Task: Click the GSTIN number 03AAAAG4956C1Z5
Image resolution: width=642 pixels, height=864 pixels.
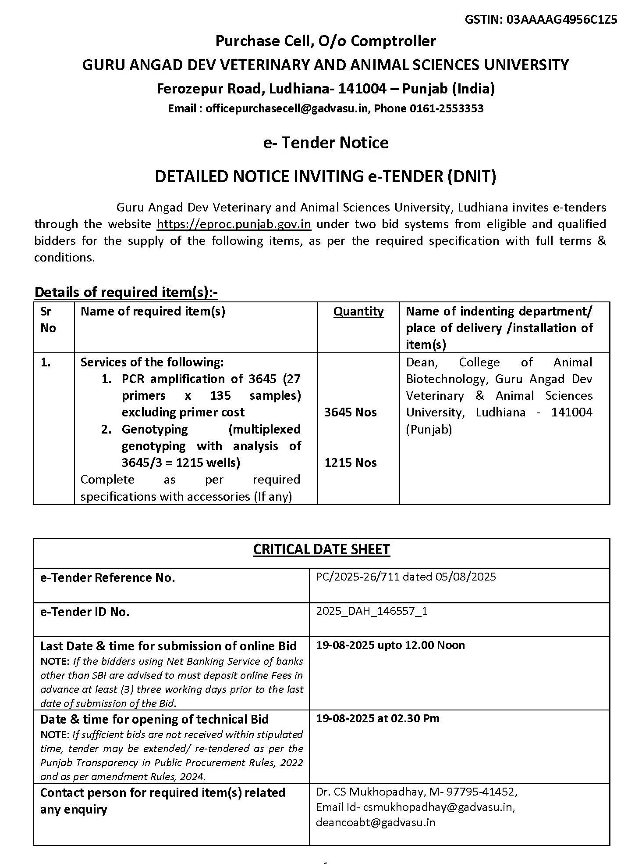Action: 562,20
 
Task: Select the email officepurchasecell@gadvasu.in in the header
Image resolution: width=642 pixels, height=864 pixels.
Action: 288,108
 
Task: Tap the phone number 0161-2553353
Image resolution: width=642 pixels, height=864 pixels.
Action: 447,108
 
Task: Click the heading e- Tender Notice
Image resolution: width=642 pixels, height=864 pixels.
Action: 326,143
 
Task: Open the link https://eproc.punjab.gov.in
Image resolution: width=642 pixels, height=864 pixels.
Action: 234,224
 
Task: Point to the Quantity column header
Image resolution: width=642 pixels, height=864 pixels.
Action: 358,312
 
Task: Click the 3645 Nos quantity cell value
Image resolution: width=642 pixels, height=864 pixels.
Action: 350,412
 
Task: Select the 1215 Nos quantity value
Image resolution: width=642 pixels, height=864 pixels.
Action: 350,463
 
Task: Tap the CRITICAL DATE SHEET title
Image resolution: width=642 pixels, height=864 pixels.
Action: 321,550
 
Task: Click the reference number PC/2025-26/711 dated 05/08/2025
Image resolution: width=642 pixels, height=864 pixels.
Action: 406,577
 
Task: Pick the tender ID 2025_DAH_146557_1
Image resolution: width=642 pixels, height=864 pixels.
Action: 372,611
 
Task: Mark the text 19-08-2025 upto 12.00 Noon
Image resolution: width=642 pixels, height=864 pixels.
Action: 390,645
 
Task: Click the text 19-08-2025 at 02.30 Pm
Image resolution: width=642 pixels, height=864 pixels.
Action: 377,718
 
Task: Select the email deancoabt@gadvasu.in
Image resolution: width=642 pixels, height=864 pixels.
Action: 376,822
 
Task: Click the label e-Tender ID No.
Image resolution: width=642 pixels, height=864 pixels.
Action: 85,612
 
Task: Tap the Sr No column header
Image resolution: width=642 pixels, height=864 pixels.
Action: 48,319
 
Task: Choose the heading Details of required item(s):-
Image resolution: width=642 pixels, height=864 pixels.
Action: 126,292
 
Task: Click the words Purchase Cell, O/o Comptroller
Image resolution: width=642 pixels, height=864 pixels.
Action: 326,41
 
